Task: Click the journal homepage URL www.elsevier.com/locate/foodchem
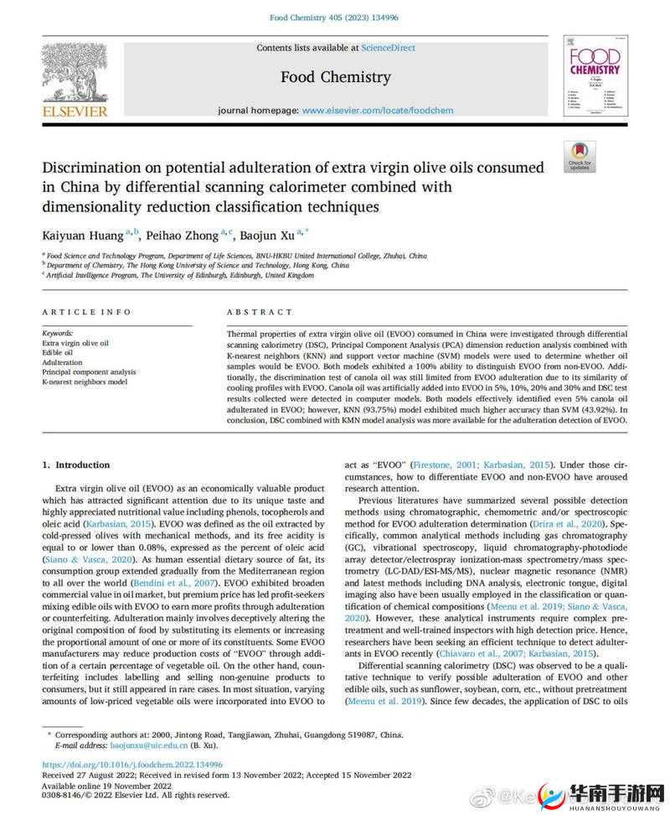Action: [389, 110]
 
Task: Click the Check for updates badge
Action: [580, 157]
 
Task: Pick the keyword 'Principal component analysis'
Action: [89, 371]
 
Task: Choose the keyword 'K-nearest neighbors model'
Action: [85, 382]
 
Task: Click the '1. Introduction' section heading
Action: [76, 465]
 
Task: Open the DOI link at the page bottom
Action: [132, 764]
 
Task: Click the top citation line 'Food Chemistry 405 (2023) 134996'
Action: [335, 18]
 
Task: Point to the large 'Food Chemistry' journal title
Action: [335, 77]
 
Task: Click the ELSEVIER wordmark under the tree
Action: [75, 111]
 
